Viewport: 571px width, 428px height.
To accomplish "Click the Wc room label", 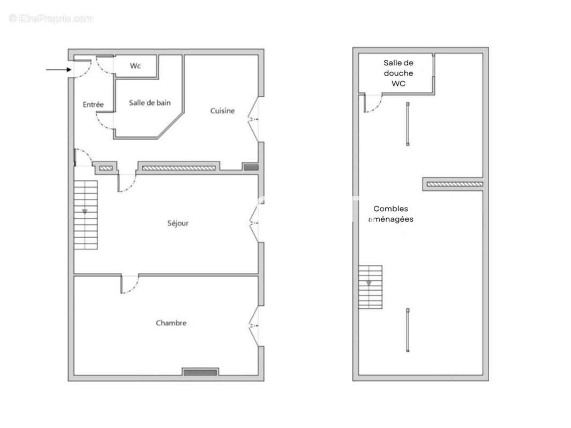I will (x=136, y=66).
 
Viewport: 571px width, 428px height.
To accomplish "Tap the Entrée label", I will (x=93, y=105).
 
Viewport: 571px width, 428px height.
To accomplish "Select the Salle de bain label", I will (x=150, y=103).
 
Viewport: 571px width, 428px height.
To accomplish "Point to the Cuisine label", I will (x=222, y=111).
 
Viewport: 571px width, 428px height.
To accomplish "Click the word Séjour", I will (x=178, y=223).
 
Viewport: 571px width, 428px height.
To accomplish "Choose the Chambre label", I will (x=171, y=323).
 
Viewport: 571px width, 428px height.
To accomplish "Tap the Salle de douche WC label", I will (x=399, y=73).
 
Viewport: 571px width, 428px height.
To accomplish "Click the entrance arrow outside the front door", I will (x=56, y=70).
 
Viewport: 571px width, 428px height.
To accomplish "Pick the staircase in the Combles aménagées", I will (x=370, y=287).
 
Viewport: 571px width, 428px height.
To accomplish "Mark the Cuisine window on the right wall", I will (x=254, y=119).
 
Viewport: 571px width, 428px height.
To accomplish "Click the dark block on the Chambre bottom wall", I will (x=200, y=372).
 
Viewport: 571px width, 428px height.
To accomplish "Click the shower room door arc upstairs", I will (x=372, y=103).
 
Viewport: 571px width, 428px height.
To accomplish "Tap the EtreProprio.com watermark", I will (x=51, y=19).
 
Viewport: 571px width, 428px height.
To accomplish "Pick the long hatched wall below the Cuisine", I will (x=178, y=168).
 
